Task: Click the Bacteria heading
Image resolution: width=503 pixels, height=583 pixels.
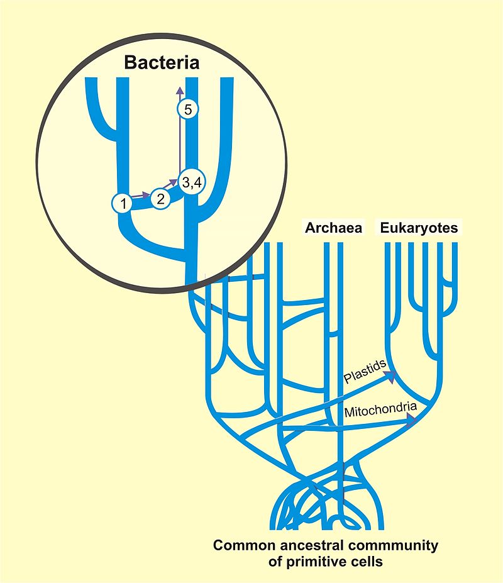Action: click(x=162, y=62)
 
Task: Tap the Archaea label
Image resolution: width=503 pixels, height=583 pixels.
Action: click(x=333, y=228)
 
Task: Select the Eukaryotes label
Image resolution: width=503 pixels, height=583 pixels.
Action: click(x=419, y=228)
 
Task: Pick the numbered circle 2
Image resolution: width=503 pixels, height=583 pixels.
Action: click(x=160, y=199)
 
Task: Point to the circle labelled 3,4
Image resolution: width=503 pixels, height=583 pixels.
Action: click(x=192, y=182)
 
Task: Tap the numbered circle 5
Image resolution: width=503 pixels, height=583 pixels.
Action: click(x=188, y=109)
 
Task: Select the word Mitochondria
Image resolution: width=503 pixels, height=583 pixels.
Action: click(x=380, y=410)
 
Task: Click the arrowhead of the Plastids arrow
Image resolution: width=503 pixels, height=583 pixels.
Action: click(x=392, y=376)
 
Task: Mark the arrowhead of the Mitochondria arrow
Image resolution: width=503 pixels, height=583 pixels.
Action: click(x=412, y=421)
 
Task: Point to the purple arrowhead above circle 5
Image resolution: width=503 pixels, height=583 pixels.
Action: click(x=180, y=91)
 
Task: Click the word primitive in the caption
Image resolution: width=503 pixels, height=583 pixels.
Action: click(x=317, y=562)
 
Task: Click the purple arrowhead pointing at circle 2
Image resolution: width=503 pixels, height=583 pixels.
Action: click(x=145, y=194)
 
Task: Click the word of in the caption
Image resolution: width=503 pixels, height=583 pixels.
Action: click(x=275, y=562)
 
